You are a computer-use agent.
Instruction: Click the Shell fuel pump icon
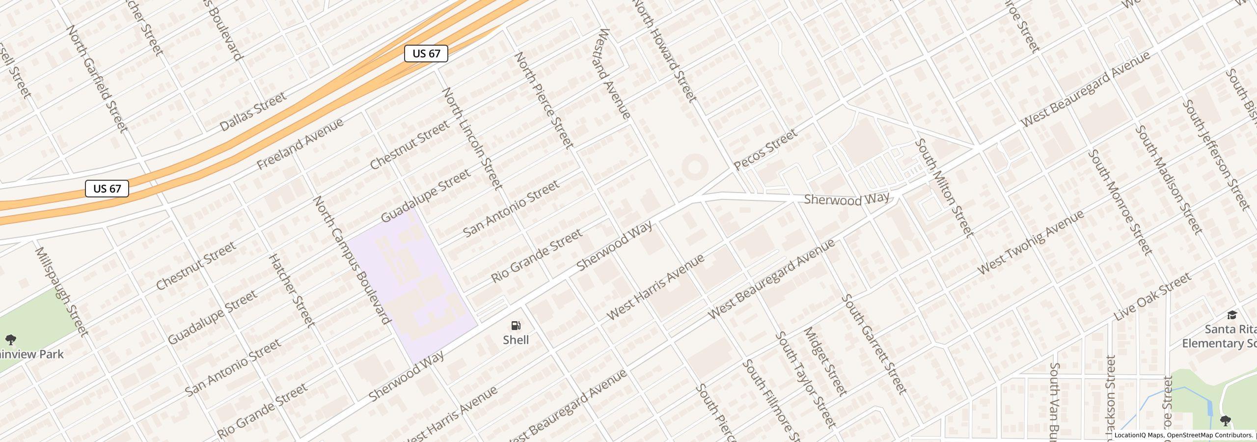pyautogui.click(x=516, y=326)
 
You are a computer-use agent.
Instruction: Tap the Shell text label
pyautogui.click(x=516, y=340)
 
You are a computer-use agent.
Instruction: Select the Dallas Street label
pyautogui.click(x=252, y=111)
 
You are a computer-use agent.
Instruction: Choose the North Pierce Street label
pyautogui.click(x=544, y=100)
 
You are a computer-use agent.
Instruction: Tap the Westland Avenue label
pyautogui.click(x=614, y=74)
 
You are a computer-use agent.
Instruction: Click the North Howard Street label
pyautogui.click(x=665, y=51)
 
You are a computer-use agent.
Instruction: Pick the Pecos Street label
pyautogui.click(x=765, y=150)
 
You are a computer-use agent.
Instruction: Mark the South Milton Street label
pyautogui.click(x=944, y=187)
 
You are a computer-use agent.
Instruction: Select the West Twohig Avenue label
pyautogui.click(x=1030, y=243)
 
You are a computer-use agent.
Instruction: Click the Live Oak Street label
pyautogui.click(x=1152, y=297)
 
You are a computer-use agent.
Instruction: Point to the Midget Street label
pyautogui.click(x=825, y=361)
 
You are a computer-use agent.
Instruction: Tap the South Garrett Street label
pyautogui.click(x=874, y=344)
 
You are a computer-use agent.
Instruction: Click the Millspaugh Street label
pyautogui.click(x=61, y=292)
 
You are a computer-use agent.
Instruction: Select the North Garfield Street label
pyautogui.click(x=97, y=79)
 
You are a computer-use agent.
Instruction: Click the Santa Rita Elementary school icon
pyautogui.click(x=1232, y=315)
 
